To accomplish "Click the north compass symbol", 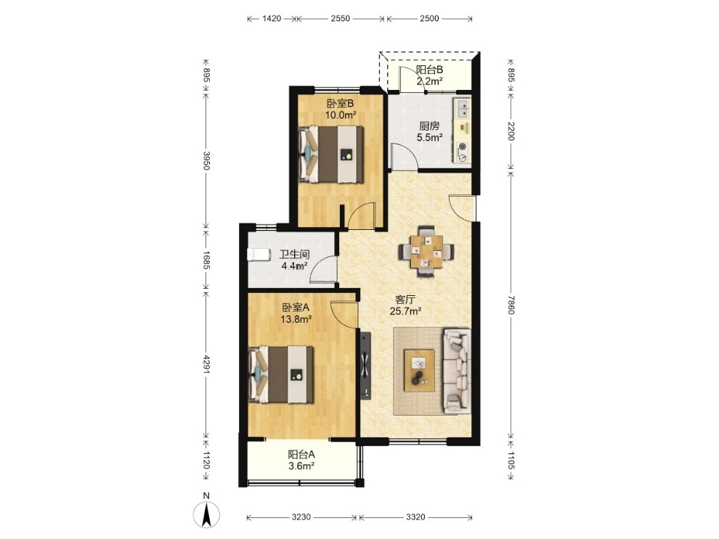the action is pos(206,514).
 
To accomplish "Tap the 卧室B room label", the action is pos(340,103).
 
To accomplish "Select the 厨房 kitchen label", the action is pos(429,126).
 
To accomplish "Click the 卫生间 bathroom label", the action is pos(294,254).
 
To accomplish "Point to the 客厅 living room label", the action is pos(405,300).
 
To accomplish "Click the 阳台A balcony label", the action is pos(301,454).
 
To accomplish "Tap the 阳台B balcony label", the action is pos(429,70).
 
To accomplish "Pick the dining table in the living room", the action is pos(427,251).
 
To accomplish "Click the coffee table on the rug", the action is pos(419,370).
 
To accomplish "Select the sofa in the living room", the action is pos(456,371).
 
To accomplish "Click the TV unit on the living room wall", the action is pos(365,365).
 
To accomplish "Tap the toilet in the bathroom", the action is pos(258,255).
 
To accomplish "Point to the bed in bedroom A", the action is pos(280,374).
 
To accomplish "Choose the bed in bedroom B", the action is pos(330,155).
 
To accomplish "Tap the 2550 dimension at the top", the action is pos(340,18).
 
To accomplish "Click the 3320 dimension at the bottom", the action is pos(415,517).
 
